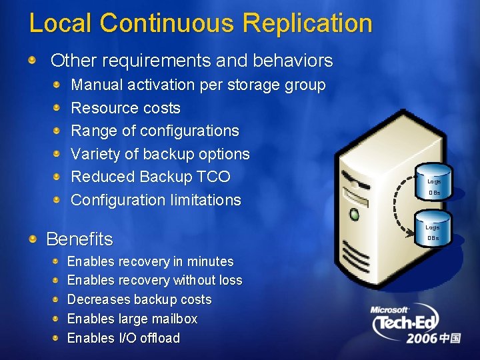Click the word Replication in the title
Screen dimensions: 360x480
(x=307, y=23)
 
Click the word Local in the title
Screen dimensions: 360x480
(x=60, y=23)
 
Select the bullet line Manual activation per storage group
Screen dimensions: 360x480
(x=198, y=85)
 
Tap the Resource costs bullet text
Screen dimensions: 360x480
(x=125, y=108)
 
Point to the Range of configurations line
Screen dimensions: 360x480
(x=155, y=131)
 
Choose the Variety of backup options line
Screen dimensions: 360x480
(x=160, y=154)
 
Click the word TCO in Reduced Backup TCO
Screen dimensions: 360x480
(x=213, y=177)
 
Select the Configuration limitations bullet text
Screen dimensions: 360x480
(x=156, y=200)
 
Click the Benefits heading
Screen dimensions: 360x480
(x=79, y=239)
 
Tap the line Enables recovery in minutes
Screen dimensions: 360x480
(x=150, y=261)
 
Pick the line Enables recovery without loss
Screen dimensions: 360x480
(x=155, y=280)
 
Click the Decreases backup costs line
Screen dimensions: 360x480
(x=139, y=299)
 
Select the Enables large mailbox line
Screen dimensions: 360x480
(x=132, y=319)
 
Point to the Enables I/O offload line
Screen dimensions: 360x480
(x=123, y=338)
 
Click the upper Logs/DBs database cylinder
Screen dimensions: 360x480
(x=433, y=185)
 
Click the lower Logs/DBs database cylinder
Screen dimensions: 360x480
(x=433, y=231)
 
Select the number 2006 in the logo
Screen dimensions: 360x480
(x=423, y=339)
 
